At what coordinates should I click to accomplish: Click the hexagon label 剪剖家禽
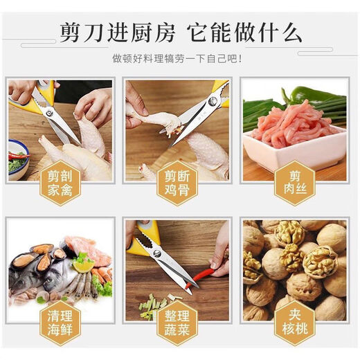click(x=61, y=181)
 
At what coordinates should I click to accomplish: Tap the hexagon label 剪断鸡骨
click(x=177, y=181)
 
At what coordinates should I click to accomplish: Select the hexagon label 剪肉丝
click(x=294, y=181)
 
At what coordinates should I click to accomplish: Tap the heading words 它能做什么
click(x=253, y=33)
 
